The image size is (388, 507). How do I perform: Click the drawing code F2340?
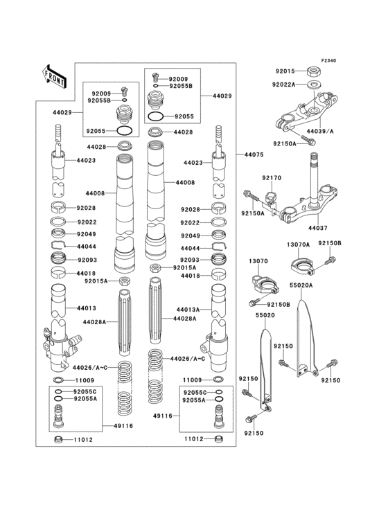point(328,61)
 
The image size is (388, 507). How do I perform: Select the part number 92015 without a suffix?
point(285,71)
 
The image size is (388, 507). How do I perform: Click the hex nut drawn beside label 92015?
point(313,71)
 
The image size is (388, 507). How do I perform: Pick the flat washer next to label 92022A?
point(314,84)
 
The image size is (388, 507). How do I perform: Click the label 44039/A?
point(322,131)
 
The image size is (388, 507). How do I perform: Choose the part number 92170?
point(271,178)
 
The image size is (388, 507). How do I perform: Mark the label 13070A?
point(299,244)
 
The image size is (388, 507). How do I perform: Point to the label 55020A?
point(301,285)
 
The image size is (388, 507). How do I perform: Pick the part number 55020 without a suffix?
point(265,314)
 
